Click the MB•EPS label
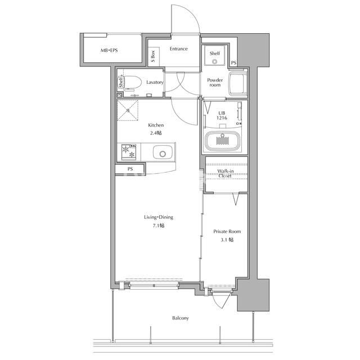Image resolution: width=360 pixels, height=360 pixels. (109, 50)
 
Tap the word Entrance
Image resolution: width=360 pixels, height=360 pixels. (179, 49)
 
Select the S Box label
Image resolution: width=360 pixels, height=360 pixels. (153, 56)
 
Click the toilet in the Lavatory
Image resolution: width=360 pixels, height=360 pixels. (132, 82)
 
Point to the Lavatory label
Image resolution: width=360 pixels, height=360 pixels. (155, 82)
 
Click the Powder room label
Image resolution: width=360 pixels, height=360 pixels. (215, 83)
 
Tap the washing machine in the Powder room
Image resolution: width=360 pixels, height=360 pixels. (238, 84)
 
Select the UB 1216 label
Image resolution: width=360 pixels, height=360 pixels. (222, 115)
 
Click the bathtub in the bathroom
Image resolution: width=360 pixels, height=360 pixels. (222, 141)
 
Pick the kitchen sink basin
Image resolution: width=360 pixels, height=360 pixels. (163, 152)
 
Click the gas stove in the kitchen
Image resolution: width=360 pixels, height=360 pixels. (129, 152)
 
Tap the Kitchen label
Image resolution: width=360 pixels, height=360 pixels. (156, 125)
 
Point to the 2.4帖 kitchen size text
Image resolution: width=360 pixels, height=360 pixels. (156, 133)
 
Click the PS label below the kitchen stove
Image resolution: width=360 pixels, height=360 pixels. (130, 169)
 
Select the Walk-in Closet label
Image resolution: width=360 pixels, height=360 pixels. (225, 173)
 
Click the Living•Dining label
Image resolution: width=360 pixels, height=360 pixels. (159, 217)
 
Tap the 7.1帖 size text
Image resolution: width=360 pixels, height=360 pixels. (159, 226)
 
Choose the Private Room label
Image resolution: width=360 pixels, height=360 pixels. (227, 231)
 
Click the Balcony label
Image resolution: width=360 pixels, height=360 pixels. (181, 318)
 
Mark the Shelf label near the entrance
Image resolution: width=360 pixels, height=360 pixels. (215, 53)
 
